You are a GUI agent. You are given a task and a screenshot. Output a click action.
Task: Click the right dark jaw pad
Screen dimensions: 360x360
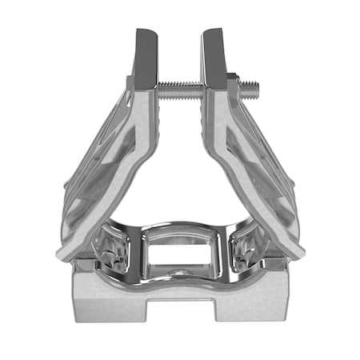coord(215,56)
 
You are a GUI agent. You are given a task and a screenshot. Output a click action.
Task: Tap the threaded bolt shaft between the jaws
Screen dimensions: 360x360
coord(181,85)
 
